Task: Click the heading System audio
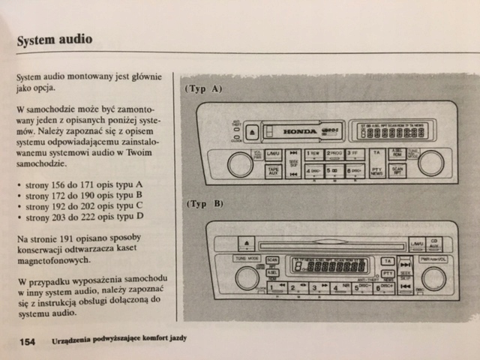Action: pyautogui.click(x=55, y=38)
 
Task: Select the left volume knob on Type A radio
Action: pyautogui.click(x=240, y=164)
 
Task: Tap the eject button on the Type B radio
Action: pyautogui.click(x=247, y=244)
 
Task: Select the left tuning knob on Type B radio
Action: pyautogui.click(x=247, y=277)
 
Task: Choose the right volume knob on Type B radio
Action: pyautogui.click(x=433, y=278)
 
